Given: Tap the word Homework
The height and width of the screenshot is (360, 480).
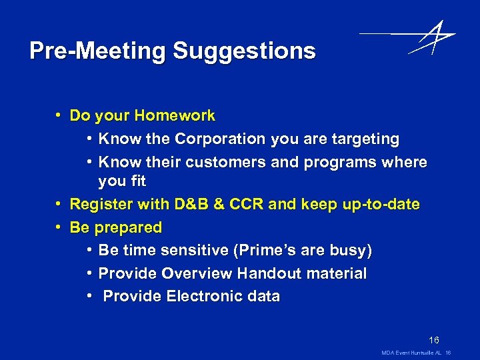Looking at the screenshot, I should (x=174, y=116).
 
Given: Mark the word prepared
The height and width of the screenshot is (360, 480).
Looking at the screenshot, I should (x=128, y=227).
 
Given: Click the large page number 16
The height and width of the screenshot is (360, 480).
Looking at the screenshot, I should (x=434, y=340).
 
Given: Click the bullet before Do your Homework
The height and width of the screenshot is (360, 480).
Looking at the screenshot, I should (x=59, y=116).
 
